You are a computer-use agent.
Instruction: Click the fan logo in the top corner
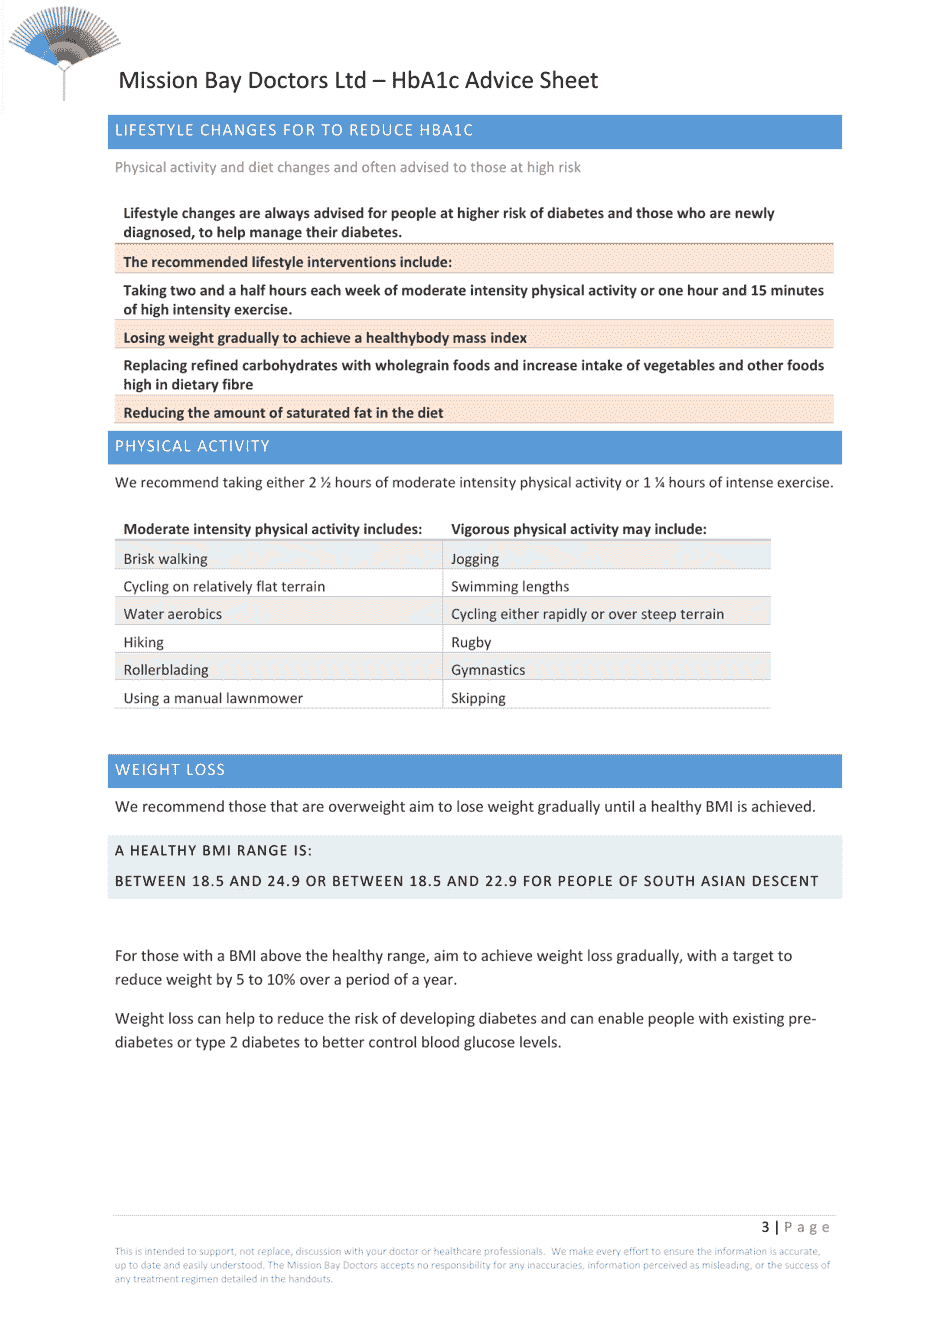64,45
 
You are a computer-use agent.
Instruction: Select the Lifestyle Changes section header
294,131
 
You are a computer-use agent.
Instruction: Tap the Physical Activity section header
192,447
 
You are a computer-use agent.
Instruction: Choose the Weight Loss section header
170,770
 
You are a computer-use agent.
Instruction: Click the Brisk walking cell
166,559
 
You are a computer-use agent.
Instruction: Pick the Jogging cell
475,559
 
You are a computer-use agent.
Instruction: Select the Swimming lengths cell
510,587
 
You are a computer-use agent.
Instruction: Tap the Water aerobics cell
173,614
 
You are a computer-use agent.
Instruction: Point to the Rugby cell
471,643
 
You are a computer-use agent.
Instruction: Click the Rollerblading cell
166,670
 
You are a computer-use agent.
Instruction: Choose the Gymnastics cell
488,670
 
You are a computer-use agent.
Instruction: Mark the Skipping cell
478,698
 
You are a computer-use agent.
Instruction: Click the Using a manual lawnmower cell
213,698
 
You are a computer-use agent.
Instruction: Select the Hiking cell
144,643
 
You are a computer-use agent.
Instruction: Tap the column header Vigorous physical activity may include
578,529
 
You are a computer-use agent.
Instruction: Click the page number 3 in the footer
765,1227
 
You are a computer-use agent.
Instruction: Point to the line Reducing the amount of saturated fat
283,413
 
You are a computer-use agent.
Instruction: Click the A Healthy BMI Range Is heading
213,851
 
